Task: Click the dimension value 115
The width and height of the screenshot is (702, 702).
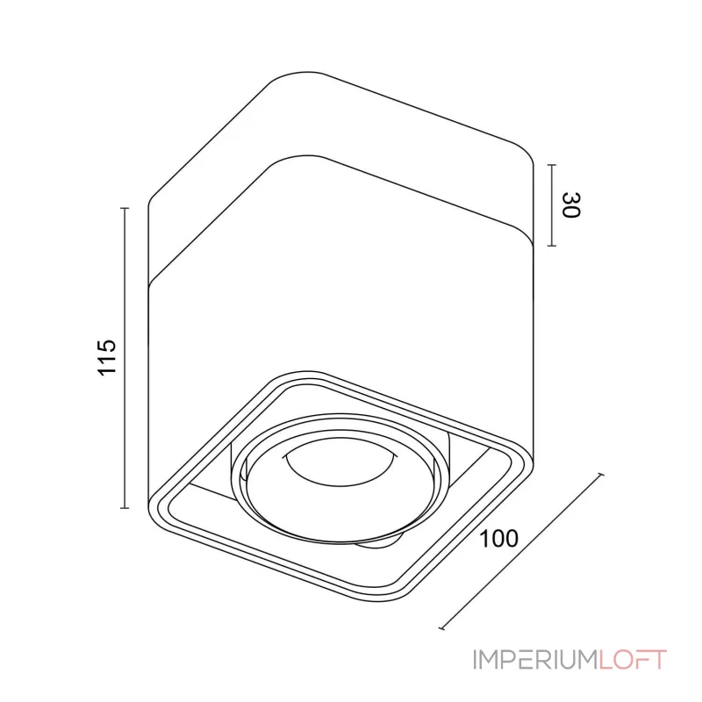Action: [106, 357]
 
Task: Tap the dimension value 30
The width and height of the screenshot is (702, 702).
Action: [571, 205]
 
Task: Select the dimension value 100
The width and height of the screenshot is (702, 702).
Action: [498, 538]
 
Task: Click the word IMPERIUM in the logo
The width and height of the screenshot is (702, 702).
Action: [535, 660]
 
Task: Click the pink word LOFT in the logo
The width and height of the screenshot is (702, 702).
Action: [633, 660]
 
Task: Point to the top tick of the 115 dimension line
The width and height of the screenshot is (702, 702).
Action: [125, 208]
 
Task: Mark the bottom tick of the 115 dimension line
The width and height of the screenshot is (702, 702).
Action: [125, 508]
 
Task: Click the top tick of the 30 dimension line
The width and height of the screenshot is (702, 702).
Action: [552, 165]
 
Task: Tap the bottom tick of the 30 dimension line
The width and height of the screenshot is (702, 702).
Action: [552, 246]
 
